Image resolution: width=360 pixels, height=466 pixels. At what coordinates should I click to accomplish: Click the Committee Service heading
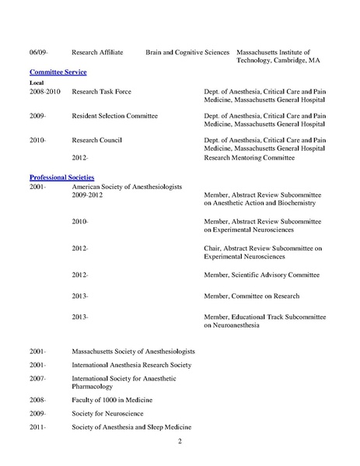58,72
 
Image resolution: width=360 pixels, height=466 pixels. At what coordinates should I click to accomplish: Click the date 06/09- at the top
38,53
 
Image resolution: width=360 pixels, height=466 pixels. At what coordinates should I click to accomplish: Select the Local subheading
37,82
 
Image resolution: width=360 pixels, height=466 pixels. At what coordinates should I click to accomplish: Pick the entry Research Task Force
100,91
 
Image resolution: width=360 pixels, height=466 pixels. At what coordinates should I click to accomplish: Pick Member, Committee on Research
249,296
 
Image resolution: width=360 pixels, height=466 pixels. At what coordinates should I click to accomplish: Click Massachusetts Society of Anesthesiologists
133,351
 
